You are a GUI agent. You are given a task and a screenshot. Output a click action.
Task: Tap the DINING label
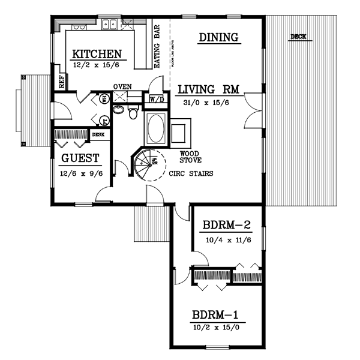pyautogui.click(x=219, y=38)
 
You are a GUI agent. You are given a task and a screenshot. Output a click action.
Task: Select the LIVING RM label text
pyautogui.click(x=208, y=90)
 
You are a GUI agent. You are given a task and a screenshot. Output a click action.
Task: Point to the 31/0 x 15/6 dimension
pyautogui.click(x=208, y=103)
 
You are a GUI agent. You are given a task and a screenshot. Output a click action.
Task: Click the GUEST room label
pyautogui.click(x=80, y=159)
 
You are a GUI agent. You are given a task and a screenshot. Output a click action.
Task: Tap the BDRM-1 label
pyautogui.click(x=218, y=315)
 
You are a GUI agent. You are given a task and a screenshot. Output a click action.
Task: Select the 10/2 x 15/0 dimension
pyautogui.click(x=218, y=328)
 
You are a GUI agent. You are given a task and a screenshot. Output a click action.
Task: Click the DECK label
pyautogui.click(x=298, y=37)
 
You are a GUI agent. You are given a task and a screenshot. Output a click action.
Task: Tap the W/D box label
pyautogui.click(x=157, y=98)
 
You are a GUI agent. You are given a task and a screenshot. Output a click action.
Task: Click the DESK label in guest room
pyautogui.click(x=98, y=134)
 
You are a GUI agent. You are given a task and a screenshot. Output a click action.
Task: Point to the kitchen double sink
pyautogui.click(x=109, y=25)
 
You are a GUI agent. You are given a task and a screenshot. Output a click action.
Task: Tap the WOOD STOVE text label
pyautogui.click(x=190, y=157)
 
